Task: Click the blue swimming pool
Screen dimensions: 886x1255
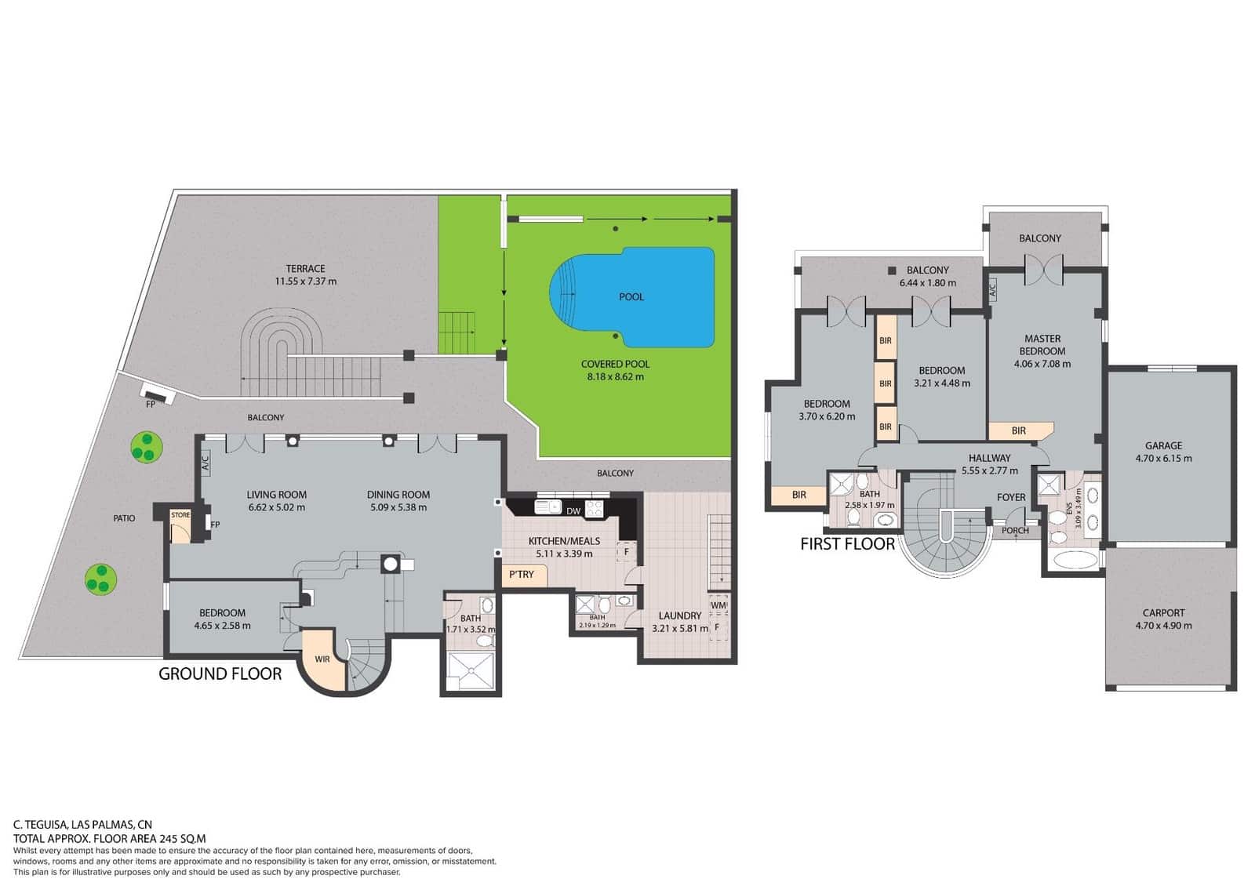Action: coord(643,298)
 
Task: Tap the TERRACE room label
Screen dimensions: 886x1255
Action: coord(305,268)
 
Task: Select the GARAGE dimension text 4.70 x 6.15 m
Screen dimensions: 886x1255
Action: coord(1163,459)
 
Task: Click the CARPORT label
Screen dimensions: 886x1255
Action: coord(1163,612)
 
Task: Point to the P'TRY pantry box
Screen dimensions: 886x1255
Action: coord(522,575)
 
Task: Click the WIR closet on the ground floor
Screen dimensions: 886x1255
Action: coord(322,659)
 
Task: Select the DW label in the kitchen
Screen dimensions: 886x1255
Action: coord(573,511)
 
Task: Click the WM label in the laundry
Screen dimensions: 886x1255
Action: coord(718,605)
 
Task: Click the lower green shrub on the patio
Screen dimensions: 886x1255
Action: coord(100,579)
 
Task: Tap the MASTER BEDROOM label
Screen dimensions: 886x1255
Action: coord(1042,345)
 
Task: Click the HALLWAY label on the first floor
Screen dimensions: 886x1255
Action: coord(989,458)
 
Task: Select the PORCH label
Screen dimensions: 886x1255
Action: coord(1015,531)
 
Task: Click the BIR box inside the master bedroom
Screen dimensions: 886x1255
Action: coord(1018,430)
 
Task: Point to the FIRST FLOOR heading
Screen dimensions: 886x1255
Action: coord(847,544)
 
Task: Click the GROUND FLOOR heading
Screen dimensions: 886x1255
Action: coord(220,674)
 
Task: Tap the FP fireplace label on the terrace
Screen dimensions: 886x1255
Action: coord(151,405)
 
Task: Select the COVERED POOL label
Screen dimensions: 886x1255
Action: coord(615,364)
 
